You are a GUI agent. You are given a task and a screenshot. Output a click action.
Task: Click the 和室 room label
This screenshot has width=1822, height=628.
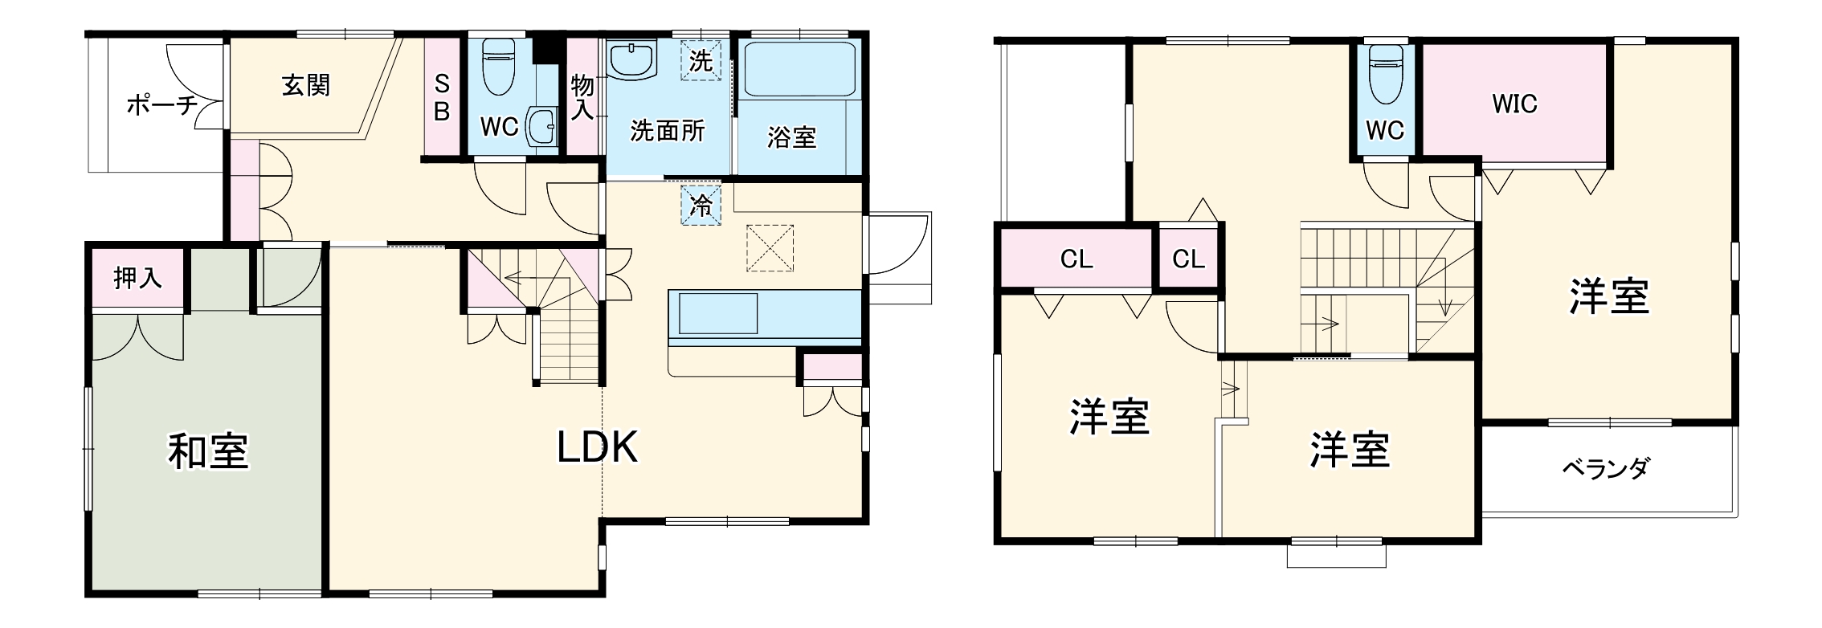208,451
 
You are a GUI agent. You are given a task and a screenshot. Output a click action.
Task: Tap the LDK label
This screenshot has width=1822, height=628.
598,447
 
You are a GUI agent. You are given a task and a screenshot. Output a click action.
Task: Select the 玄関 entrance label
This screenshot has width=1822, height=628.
306,85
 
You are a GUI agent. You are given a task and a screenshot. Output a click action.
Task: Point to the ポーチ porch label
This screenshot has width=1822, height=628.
161,105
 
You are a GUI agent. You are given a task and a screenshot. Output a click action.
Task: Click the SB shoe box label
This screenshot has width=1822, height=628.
442,98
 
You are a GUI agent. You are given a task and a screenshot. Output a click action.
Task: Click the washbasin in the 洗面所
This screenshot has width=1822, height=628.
633,59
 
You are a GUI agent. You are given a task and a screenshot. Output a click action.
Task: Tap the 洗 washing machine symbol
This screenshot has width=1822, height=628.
701,60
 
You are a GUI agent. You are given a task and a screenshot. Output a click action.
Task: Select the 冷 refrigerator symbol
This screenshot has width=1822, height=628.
701,205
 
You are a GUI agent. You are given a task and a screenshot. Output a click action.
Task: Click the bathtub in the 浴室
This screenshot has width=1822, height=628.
799,69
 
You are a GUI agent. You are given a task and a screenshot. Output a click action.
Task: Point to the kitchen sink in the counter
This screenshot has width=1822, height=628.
718,313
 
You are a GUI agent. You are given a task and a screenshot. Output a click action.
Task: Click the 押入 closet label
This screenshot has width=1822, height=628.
137,278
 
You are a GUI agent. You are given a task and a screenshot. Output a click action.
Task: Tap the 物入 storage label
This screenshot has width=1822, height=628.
582,97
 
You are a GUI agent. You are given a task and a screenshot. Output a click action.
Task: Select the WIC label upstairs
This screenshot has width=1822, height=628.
1514,104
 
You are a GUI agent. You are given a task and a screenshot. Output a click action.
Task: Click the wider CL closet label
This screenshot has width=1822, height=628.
1076,259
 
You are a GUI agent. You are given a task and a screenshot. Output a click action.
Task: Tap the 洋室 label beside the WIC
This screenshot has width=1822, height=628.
1609,296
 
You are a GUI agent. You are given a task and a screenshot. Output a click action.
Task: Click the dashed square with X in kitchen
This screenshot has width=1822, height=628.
770,247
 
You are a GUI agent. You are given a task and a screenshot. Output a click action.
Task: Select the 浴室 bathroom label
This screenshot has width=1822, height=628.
791,137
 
